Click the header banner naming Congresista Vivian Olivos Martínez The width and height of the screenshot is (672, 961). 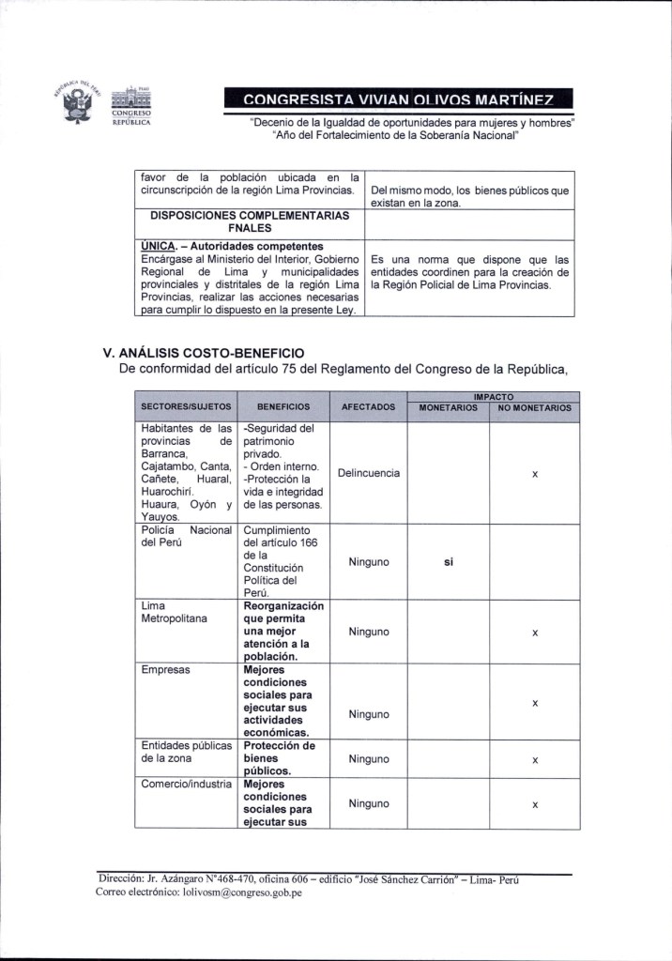(398, 99)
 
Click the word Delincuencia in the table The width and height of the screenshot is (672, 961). (368, 473)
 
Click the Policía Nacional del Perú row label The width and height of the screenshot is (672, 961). (185, 536)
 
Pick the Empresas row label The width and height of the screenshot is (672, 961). (165, 671)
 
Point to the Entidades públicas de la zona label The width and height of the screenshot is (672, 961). (185, 752)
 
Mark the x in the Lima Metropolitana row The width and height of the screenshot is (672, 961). (533, 633)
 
